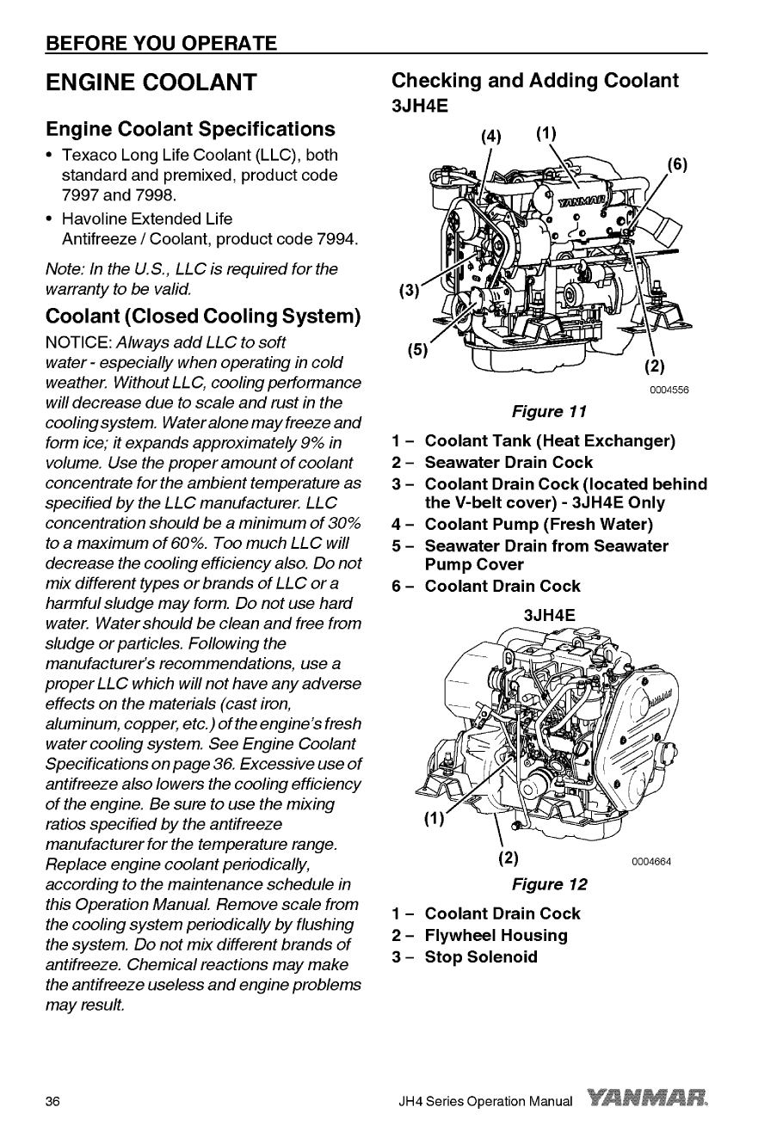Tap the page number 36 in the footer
(53, 1102)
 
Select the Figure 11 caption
(551, 411)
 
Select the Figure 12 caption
(549, 884)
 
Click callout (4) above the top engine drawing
(490, 136)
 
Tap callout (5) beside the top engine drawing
(417, 350)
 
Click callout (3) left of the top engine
(409, 290)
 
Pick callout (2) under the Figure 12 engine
(509, 858)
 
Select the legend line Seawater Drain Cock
(508, 463)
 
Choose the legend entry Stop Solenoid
(480, 956)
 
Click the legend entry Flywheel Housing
(496, 935)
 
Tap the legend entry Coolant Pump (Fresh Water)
(538, 524)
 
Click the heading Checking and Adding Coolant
(534, 81)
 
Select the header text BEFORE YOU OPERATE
(162, 43)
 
